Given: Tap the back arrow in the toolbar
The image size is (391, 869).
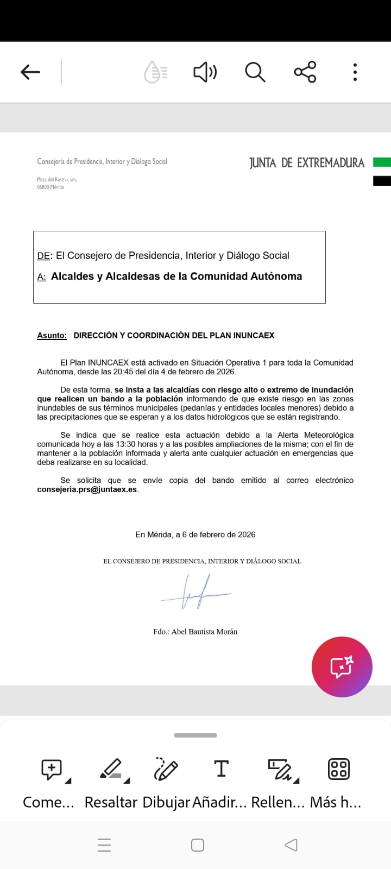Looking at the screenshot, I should [x=30, y=72].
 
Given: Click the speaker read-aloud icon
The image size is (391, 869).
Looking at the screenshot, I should [x=205, y=72].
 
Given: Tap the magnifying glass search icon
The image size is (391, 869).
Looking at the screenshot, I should [x=255, y=72].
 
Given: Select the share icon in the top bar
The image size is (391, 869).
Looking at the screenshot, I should [x=305, y=72].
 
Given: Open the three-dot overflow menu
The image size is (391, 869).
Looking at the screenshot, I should [x=355, y=72].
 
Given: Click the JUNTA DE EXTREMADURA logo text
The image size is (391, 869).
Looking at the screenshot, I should [x=306, y=163].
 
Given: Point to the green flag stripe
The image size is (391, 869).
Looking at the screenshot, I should [x=382, y=162].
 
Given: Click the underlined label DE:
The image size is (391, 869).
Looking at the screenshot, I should [x=44, y=256].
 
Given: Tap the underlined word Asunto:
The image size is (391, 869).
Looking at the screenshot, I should [x=52, y=336].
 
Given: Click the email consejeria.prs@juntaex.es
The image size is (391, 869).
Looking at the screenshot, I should [x=87, y=489].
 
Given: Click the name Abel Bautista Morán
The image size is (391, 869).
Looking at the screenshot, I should [x=204, y=632].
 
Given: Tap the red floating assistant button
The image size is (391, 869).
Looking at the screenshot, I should [x=342, y=666].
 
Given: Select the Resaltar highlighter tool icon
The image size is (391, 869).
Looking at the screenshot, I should [x=112, y=769].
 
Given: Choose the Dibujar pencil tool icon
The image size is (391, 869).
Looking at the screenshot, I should [x=166, y=769].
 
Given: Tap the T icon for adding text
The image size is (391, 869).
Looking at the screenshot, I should [x=221, y=769].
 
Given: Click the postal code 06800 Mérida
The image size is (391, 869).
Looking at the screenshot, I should [x=51, y=187].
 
